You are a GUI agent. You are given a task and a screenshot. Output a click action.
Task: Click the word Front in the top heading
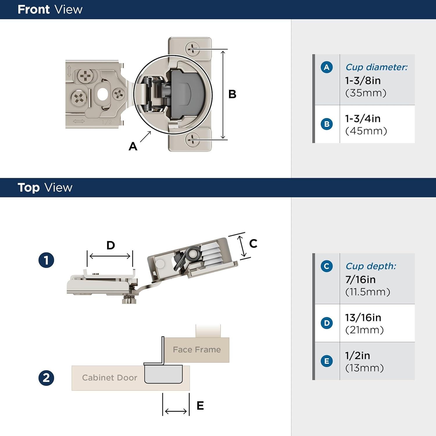click(x=33, y=10)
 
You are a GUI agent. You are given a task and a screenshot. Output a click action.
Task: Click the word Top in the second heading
click(x=28, y=188)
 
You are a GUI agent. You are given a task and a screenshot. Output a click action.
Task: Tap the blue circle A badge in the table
click(x=327, y=67)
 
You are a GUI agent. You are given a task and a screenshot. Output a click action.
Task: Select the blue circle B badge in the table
click(x=327, y=124)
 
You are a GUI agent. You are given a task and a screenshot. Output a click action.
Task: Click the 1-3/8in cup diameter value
click(x=363, y=81)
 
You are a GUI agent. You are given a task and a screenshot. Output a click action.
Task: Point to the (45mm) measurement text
click(x=366, y=131)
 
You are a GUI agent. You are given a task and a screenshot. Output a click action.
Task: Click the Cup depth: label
click(x=371, y=266)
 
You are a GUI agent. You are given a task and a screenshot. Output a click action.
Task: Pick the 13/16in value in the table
click(x=363, y=318)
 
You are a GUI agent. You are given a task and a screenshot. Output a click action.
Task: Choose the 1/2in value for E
click(x=358, y=355)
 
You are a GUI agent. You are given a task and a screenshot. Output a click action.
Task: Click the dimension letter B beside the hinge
click(x=232, y=94)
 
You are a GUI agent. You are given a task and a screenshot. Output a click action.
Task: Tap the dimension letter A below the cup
click(x=133, y=146)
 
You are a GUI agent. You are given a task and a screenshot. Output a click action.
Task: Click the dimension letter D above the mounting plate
click(x=110, y=245)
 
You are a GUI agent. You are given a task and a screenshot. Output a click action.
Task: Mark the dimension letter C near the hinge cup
click(x=253, y=244)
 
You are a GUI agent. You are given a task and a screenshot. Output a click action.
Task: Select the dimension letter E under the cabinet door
click(x=200, y=406)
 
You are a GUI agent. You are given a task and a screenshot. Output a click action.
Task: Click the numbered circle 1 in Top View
click(x=47, y=260)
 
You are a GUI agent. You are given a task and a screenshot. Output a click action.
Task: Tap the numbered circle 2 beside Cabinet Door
click(x=47, y=378)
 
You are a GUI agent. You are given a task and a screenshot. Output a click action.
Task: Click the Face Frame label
click(x=197, y=350)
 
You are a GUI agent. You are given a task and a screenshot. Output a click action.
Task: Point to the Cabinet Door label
click(x=110, y=378)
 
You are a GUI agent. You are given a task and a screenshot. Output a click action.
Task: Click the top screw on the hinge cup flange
click(x=192, y=49)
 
